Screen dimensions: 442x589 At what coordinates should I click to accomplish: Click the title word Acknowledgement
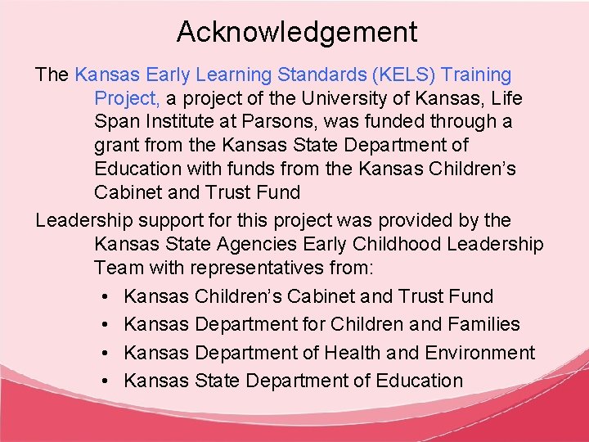297,32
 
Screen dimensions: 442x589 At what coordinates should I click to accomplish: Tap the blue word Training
476,75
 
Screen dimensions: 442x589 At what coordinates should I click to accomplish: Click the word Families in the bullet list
483,324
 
